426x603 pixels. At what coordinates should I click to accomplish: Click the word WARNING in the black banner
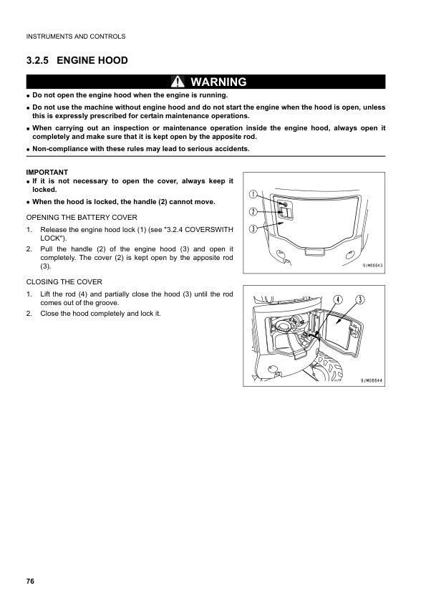tap(218, 82)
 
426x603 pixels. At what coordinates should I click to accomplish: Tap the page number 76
tap(30, 580)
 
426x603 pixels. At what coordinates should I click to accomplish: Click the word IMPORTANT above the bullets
tap(47, 172)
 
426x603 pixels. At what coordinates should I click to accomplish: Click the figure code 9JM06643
tap(369, 265)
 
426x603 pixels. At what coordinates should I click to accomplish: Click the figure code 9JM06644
tap(369, 380)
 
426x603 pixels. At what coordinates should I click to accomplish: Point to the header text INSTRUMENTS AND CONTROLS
tap(75, 36)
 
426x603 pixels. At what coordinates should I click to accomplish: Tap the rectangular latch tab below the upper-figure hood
tap(312, 251)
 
